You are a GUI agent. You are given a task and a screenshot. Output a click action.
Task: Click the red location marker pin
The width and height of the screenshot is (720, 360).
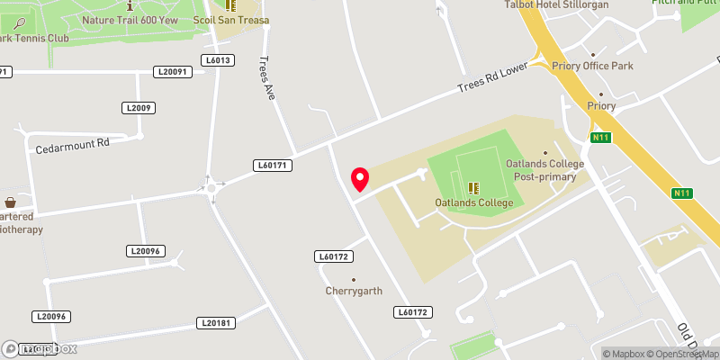click(x=360, y=179)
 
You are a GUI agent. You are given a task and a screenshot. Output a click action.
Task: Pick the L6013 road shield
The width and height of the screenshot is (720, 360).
click(x=219, y=60)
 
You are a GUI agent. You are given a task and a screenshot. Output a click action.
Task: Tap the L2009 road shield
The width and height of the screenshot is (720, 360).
click(x=139, y=108)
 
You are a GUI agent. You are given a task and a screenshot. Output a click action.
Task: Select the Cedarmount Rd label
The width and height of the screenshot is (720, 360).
click(x=72, y=143)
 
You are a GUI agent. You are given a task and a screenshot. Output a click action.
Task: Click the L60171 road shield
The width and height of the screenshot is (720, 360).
click(x=273, y=166)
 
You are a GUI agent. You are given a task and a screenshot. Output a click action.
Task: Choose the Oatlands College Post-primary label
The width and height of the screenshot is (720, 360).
click(x=545, y=170)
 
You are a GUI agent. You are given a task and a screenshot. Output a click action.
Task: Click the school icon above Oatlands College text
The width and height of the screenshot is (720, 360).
click(x=472, y=188)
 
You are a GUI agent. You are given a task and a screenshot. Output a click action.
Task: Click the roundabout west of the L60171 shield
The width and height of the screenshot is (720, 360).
click(x=214, y=187)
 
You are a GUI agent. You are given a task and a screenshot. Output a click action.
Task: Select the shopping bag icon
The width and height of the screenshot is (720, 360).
click(x=10, y=202)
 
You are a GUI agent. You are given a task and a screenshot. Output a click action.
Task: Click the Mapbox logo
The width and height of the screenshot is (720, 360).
click(x=40, y=348)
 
